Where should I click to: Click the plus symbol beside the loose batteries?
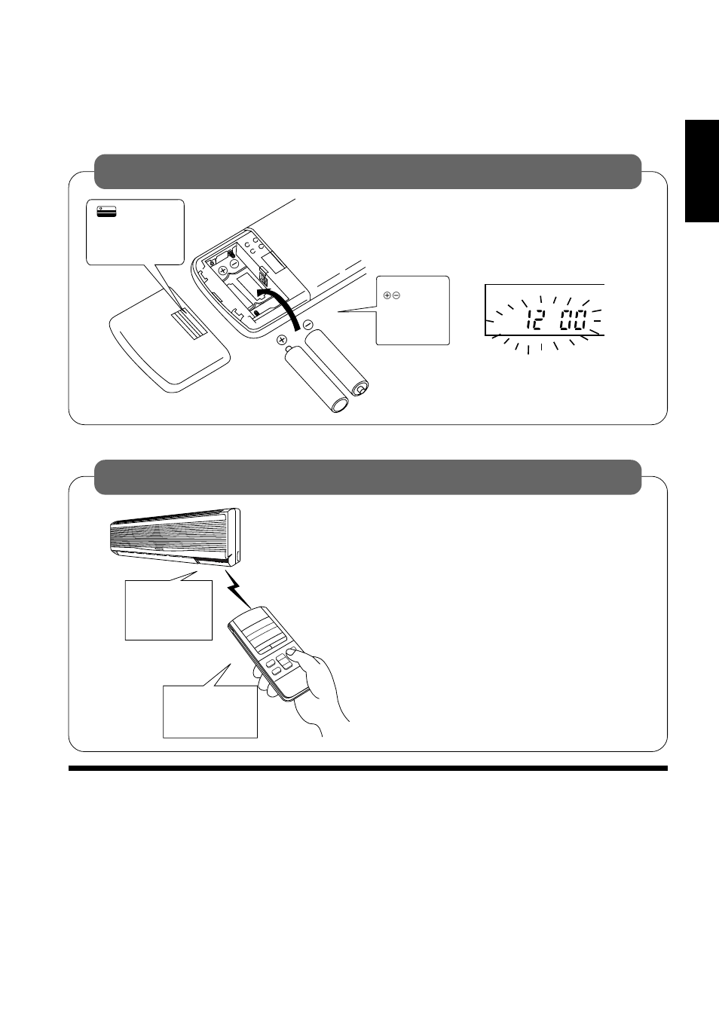tap(283, 341)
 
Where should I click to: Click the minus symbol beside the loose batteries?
tap(308, 324)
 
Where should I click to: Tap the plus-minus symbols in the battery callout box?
tap(391, 295)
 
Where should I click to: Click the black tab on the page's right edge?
tap(702, 172)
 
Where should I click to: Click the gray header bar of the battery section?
tap(367, 172)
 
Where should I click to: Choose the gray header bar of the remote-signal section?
tap(367, 477)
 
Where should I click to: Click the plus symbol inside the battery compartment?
tap(223, 270)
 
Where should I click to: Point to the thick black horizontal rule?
tap(367, 769)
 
